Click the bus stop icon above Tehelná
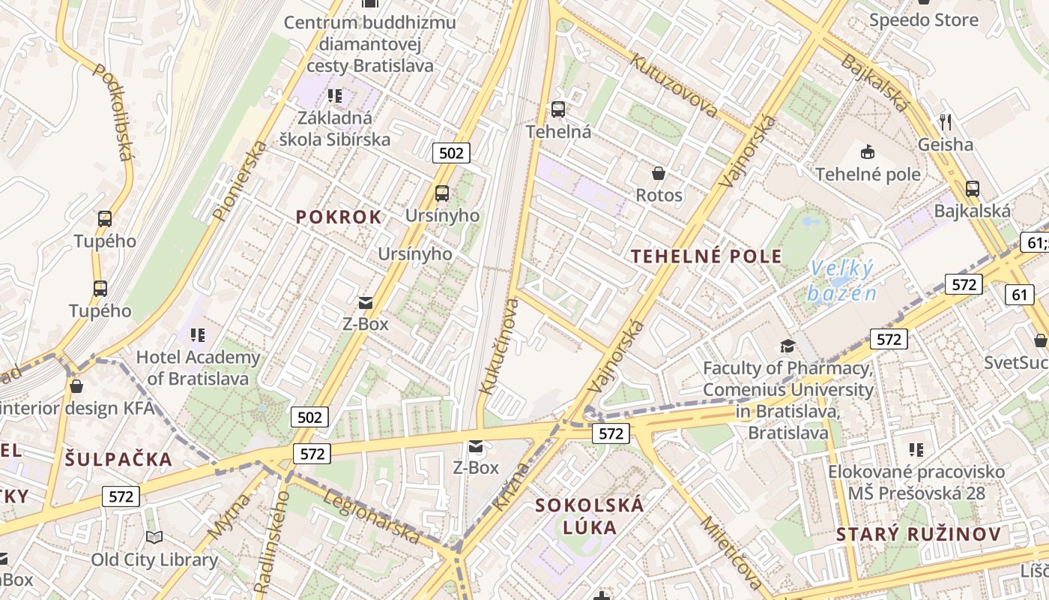[x=558, y=109]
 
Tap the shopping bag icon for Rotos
[x=659, y=174]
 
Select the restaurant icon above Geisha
[x=946, y=121]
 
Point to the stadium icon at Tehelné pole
[x=867, y=152]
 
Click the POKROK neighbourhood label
[x=339, y=217]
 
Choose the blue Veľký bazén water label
[x=841, y=280]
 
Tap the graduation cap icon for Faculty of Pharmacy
[x=787, y=346]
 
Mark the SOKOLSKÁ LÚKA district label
[x=590, y=516]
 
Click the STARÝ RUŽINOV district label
[x=919, y=535]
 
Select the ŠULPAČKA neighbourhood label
[x=118, y=460]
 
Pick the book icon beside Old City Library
[x=154, y=537]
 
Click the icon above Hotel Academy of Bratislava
[x=198, y=334]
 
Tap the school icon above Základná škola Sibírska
[x=335, y=95]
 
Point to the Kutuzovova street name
[x=674, y=85]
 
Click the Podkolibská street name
[x=113, y=112]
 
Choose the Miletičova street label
[x=732, y=551]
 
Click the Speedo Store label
[x=924, y=20]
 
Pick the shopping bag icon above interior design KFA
[x=76, y=386]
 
